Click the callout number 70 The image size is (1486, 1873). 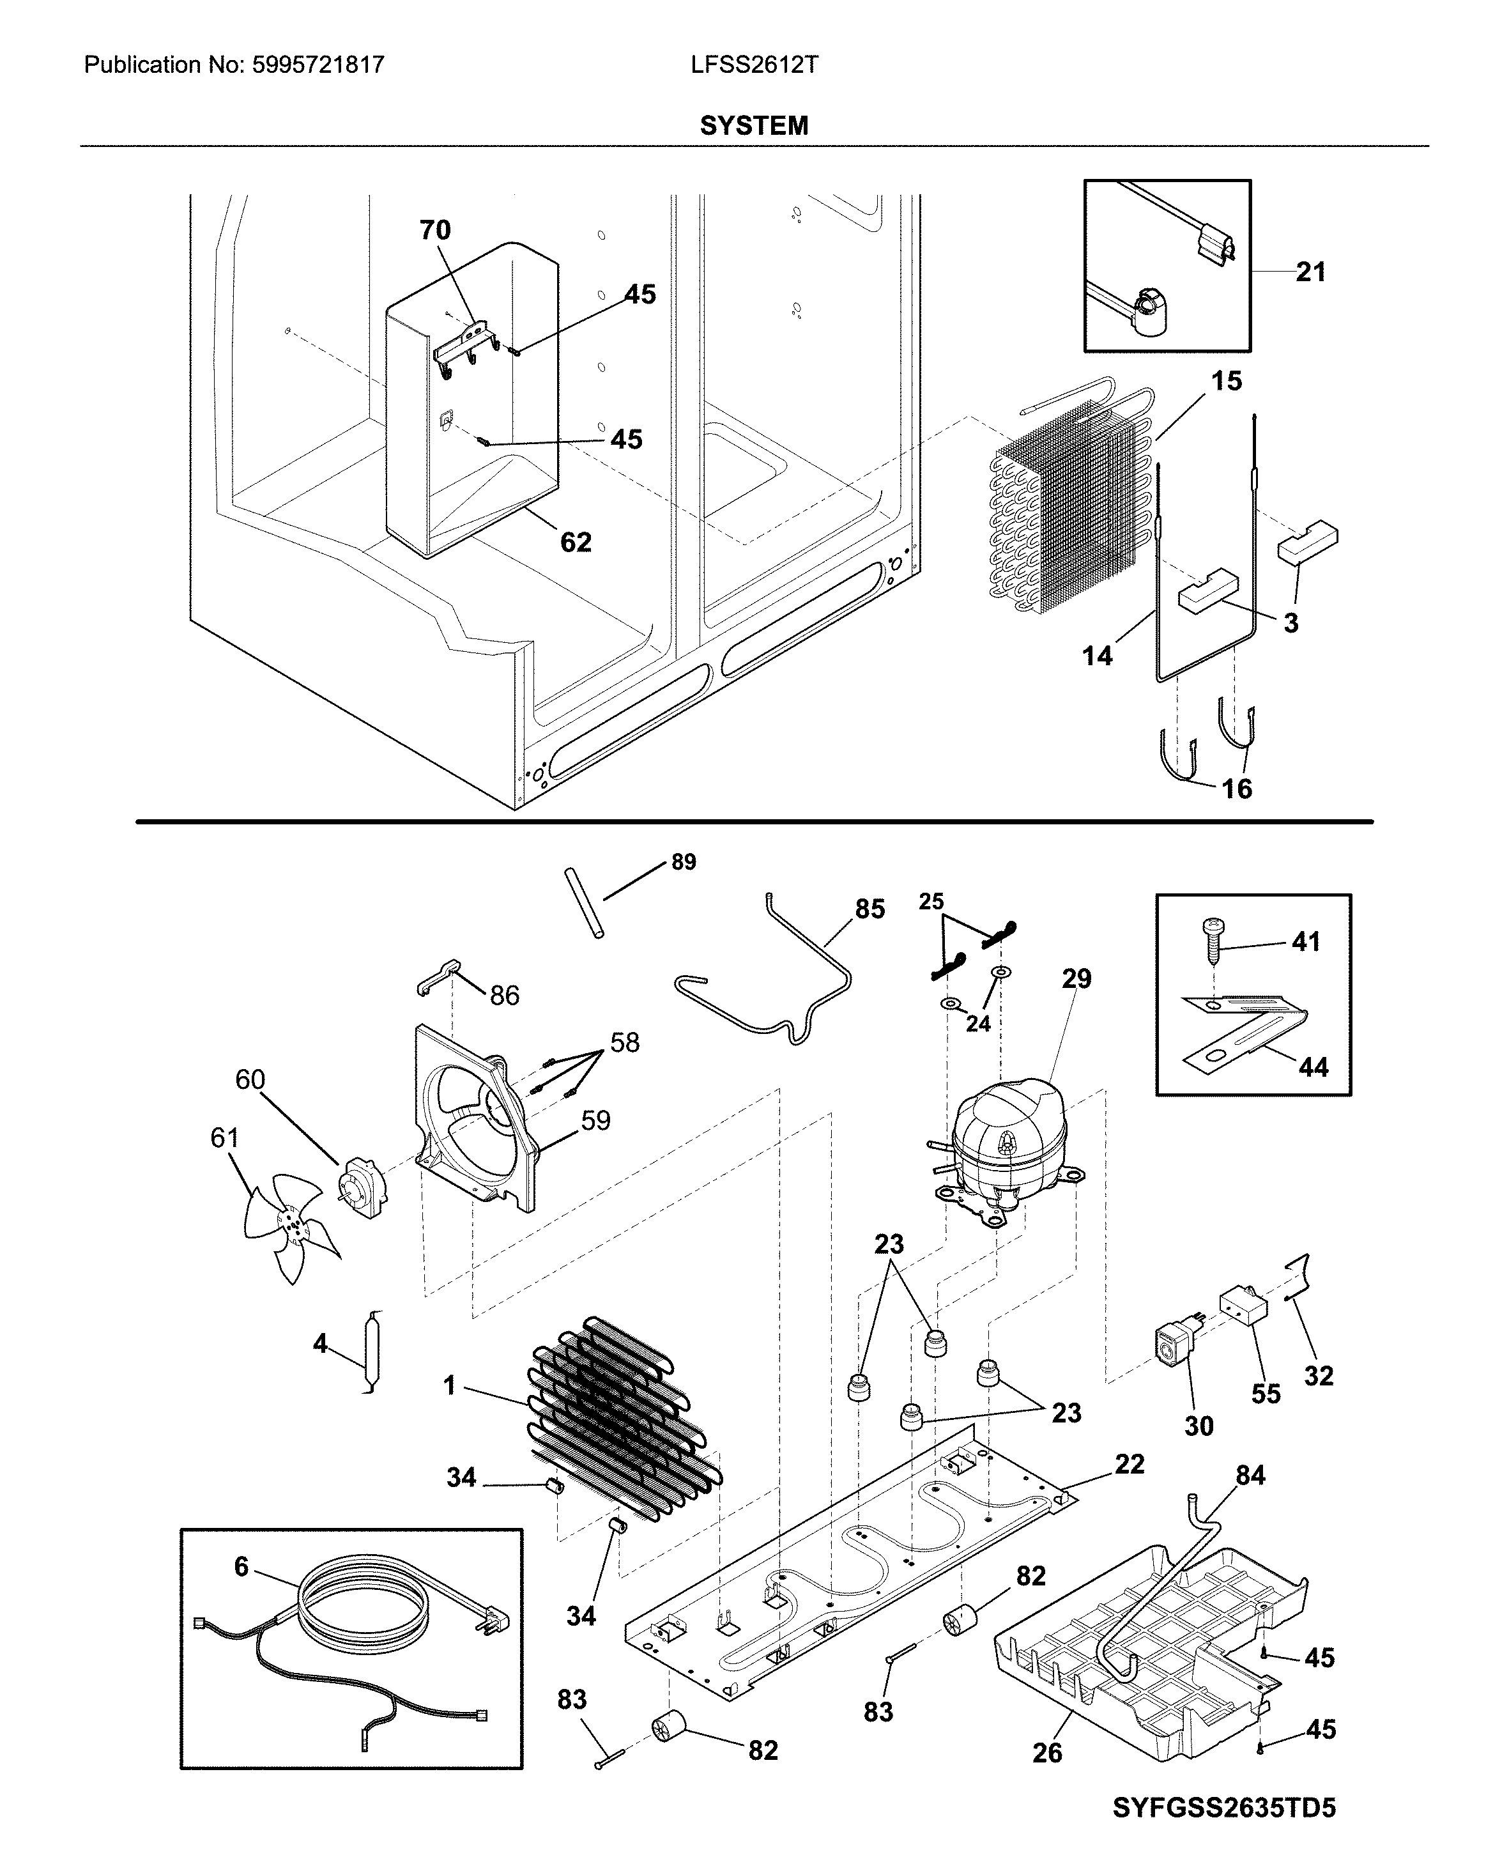click(434, 230)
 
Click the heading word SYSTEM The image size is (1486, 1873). click(754, 126)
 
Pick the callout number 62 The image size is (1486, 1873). click(575, 542)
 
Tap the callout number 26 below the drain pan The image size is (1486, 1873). click(1047, 1752)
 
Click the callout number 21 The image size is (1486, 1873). click(1310, 273)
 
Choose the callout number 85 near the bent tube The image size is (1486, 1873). click(869, 909)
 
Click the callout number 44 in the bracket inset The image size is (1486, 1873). click(1312, 1067)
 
